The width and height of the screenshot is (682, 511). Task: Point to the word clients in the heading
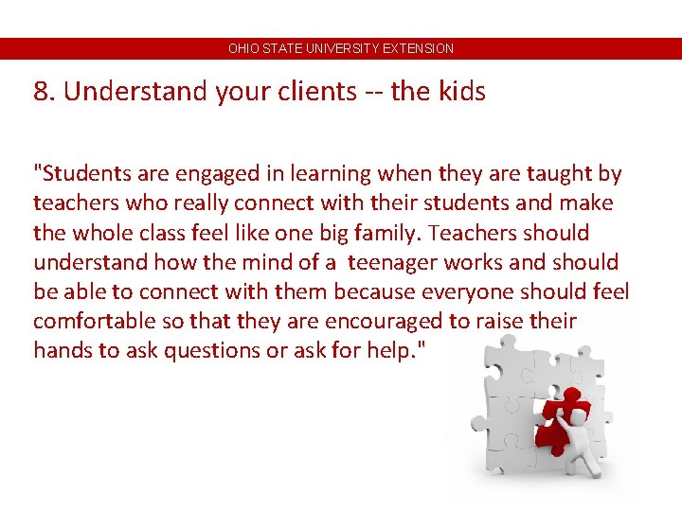point(311,92)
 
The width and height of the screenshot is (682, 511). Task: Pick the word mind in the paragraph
point(271,262)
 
